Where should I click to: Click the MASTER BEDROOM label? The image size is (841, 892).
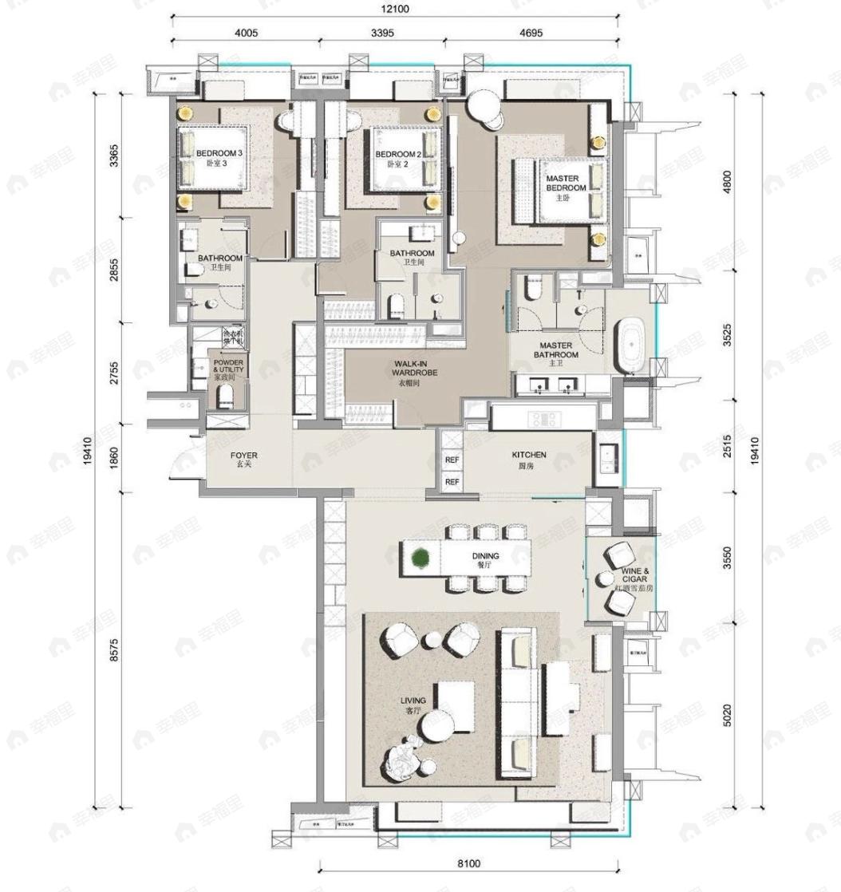(566, 184)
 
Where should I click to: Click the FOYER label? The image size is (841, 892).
(244, 460)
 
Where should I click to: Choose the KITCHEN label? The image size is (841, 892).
(528, 459)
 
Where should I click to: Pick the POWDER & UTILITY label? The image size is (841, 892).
(229, 369)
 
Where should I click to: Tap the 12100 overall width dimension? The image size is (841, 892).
(394, 9)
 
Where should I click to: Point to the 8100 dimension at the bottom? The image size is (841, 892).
(469, 863)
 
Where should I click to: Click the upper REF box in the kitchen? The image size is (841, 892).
(451, 461)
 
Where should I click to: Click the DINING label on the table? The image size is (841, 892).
(485, 556)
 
